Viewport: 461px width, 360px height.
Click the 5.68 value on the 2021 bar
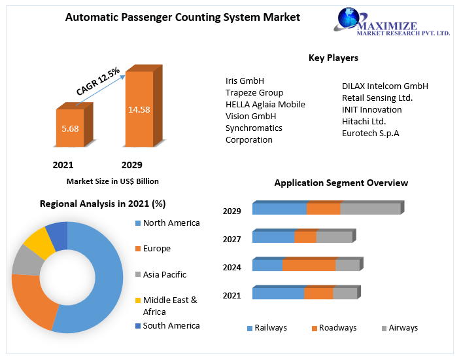pos(70,128)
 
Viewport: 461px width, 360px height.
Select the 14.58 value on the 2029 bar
pos(139,109)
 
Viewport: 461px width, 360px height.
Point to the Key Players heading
pos(333,58)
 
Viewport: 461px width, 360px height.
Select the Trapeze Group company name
pos(254,92)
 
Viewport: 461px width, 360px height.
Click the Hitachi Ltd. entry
pos(364,121)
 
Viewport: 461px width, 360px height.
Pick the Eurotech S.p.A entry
pos(370,133)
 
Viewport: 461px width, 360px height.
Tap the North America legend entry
pos(171,223)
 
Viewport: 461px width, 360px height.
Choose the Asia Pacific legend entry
pos(164,275)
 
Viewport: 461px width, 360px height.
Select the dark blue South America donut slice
pos(57,234)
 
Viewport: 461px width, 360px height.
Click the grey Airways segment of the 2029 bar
pos(370,209)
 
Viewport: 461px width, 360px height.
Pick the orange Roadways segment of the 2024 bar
pos(309,265)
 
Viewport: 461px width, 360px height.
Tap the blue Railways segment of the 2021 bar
pos(278,294)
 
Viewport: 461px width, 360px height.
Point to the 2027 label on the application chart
pos(232,239)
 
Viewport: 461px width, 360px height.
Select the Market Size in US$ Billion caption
pos(112,181)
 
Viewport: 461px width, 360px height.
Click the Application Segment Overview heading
pos(341,183)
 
